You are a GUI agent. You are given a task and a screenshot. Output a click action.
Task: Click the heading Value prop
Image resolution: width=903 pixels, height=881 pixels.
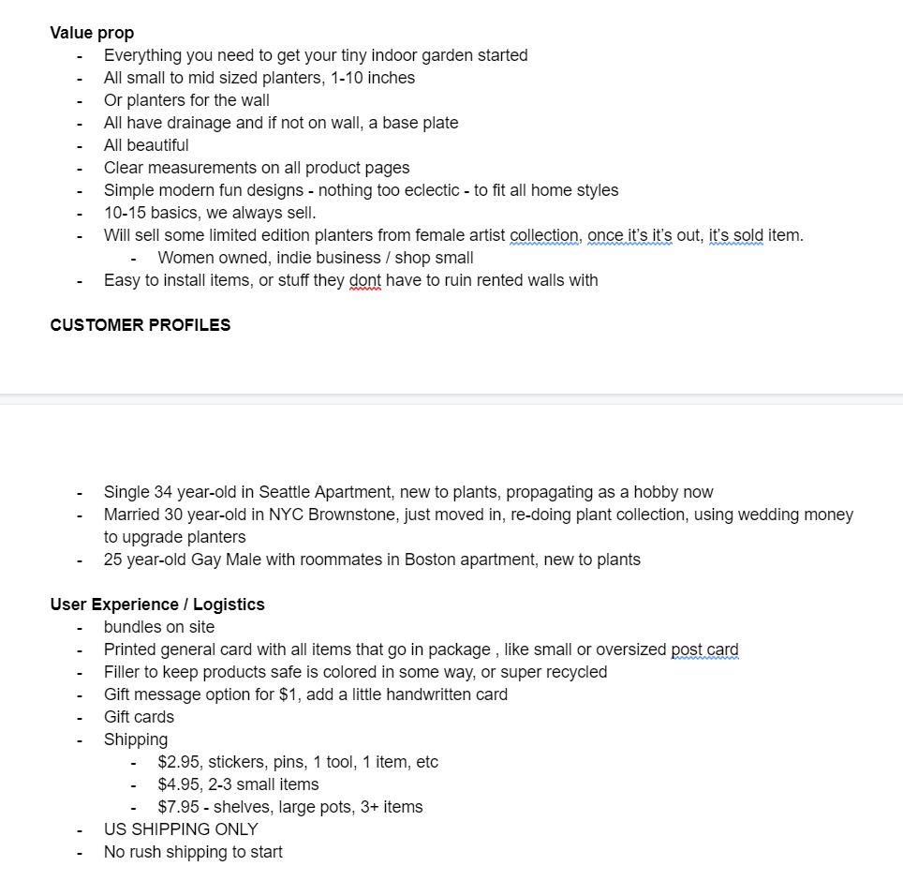[92, 33]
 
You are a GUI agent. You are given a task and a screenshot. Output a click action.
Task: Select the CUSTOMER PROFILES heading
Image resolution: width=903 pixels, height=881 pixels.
[140, 325]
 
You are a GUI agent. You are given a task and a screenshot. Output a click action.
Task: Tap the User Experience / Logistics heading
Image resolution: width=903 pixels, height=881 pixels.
[157, 605]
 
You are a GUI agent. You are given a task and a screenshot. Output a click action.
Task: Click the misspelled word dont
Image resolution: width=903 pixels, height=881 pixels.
[364, 280]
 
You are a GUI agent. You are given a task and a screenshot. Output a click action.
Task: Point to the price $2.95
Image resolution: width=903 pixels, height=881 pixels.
[178, 762]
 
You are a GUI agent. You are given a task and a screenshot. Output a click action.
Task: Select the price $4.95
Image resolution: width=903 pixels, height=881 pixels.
[178, 784]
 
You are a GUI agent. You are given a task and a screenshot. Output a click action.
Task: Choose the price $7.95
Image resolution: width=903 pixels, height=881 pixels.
[178, 807]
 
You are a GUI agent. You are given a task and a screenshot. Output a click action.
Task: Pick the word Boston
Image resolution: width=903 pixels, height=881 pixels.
[431, 560]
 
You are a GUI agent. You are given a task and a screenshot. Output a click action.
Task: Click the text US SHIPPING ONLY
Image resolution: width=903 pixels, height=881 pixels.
[181, 829]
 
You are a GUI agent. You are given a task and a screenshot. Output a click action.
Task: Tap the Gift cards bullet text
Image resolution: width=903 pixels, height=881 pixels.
[139, 717]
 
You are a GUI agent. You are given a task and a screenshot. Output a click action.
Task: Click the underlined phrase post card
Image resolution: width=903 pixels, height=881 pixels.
[704, 650]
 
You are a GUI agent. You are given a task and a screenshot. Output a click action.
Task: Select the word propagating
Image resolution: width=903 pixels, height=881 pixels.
[511, 492]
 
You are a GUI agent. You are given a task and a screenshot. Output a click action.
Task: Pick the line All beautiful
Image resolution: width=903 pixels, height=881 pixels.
[146, 145]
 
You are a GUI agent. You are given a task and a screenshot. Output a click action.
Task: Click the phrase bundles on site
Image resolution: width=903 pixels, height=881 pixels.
[159, 627]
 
